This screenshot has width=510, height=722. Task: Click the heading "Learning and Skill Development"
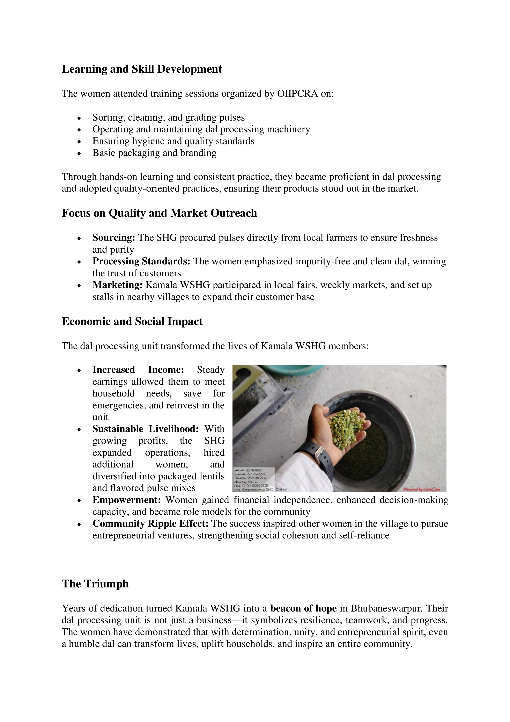[x=142, y=69]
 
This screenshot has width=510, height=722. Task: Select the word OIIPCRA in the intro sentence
[x=297, y=94]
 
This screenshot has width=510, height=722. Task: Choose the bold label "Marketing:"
[x=118, y=285]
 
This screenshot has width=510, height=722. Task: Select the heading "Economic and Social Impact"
[x=132, y=321]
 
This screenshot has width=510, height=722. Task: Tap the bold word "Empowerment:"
[x=127, y=500]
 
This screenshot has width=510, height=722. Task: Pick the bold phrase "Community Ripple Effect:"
[x=150, y=524]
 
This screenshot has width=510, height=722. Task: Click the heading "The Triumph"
[x=95, y=584]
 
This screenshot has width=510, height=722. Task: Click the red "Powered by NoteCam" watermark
[x=421, y=489]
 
